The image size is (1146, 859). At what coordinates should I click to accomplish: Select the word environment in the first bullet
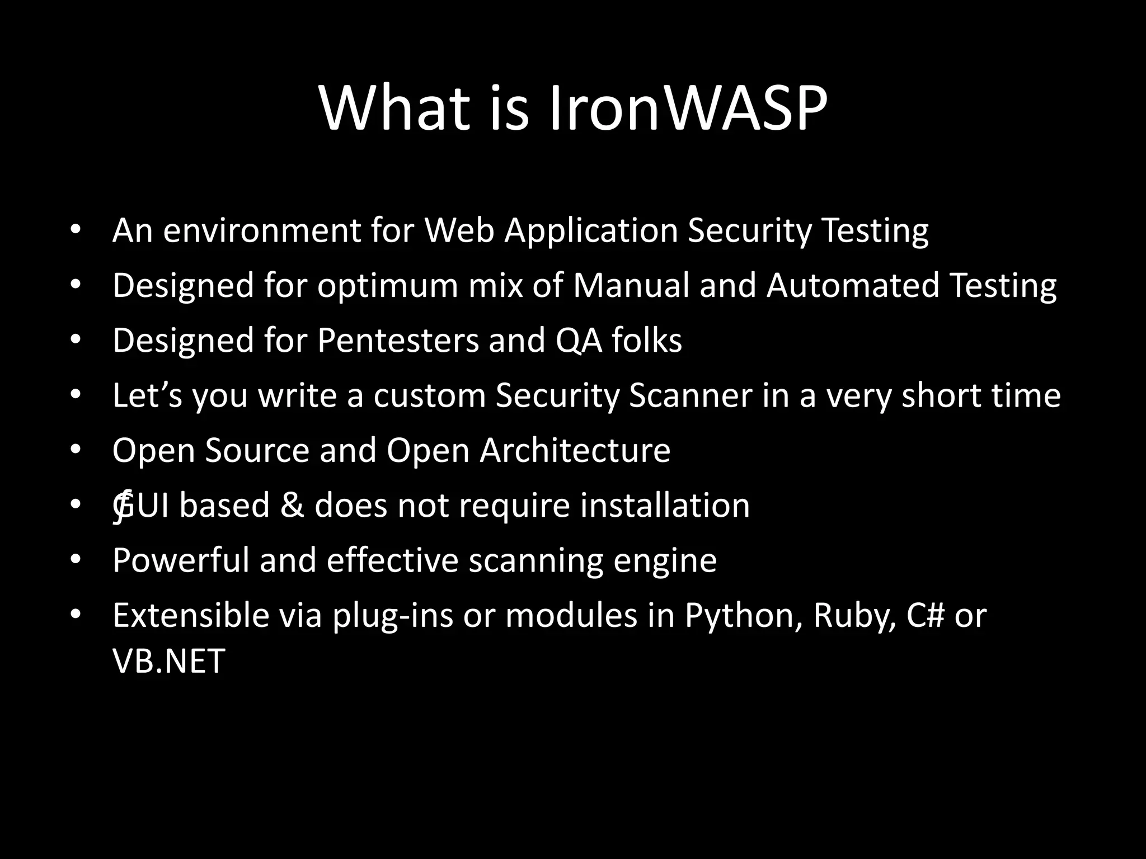click(x=261, y=230)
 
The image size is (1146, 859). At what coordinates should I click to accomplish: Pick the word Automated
click(x=853, y=286)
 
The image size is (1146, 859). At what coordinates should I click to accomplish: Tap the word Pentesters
click(x=398, y=341)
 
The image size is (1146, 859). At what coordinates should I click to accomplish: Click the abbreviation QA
click(x=579, y=341)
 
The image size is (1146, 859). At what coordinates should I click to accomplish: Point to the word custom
click(x=429, y=395)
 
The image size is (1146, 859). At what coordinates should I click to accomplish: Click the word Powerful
click(x=181, y=560)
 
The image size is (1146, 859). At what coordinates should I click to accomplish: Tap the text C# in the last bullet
click(x=926, y=616)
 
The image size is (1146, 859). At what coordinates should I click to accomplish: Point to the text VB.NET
click(x=168, y=661)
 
